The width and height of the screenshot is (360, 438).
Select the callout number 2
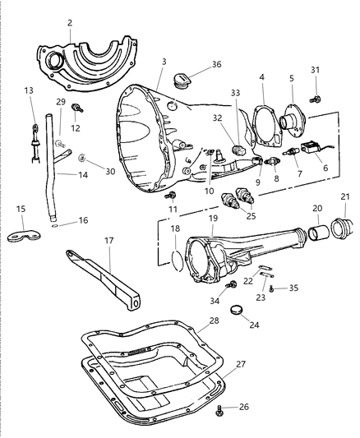[70, 24]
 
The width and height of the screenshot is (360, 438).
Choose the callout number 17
[108, 242]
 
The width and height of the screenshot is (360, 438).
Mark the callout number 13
[29, 90]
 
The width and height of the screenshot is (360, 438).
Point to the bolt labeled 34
[232, 284]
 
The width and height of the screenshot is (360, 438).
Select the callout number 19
[213, 220]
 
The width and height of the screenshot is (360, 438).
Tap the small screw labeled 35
[272, 289]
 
